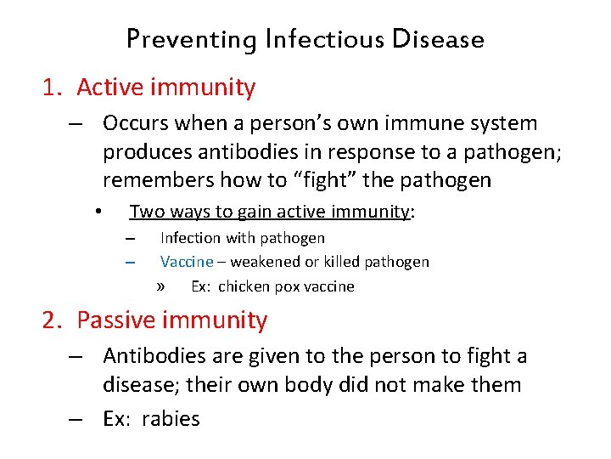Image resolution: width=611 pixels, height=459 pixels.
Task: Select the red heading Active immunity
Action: pos(165,87)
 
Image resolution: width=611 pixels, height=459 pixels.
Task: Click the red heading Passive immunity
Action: pos(171,320)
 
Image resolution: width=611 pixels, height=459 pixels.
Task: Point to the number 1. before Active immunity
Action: pos(53,87)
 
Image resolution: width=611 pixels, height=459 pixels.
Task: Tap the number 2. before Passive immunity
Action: pos(53,320)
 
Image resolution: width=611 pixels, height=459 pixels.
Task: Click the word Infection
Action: pos(190,238)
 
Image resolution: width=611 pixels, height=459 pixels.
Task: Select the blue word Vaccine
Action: pos(187,262)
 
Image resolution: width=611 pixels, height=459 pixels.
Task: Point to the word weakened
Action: pos(265,262)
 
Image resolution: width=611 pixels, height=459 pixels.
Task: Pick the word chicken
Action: pos(244,286)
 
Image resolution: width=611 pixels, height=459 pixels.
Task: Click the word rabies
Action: pos(171,418)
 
